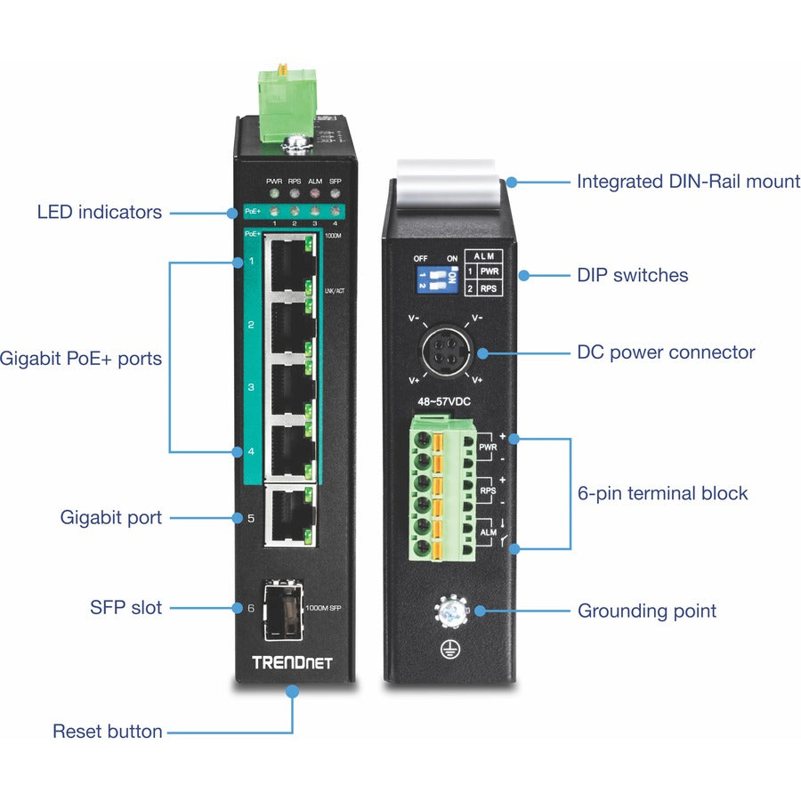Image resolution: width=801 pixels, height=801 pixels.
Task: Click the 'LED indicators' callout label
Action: pyautogui.click(x=99, y=212)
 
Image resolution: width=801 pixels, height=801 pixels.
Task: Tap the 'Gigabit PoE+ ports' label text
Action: pyautogui.click(x=81, y=359)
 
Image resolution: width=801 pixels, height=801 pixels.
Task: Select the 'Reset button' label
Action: pyautogui.click(x=108, y=732)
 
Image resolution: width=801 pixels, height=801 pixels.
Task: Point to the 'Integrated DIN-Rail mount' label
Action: pyautogui.click(x=688, y=182)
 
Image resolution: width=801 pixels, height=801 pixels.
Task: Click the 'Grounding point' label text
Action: pyautogui.click(x=647, y=611)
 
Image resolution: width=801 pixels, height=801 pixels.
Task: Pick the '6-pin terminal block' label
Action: pyautogui.click(x=662, y=493)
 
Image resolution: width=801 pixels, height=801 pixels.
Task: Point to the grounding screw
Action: pyautogui.click(x=449, y=611)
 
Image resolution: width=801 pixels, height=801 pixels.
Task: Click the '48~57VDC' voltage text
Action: pyautogui.click(x=444, y=401)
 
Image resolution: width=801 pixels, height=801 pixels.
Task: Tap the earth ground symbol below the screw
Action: pyautogui.click(x=449, y=651)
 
